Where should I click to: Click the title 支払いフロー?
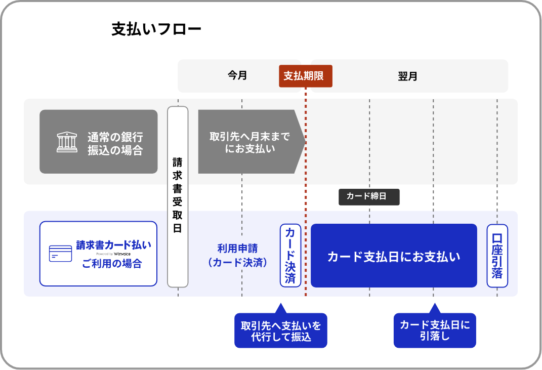point(156,29)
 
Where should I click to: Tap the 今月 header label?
point(237,76)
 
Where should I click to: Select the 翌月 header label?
point(407,76)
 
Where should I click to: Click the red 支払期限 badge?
point(305,76)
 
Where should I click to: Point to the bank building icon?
point(67,142)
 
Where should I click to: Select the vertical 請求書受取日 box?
point(178,196)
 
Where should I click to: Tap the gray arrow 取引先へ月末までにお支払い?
point(250,142)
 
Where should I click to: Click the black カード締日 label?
point(369,196)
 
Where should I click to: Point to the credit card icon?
point(60,254)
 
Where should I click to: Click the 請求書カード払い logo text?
point(113,245)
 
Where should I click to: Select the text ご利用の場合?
point(112,263)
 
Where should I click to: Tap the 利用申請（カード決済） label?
point(237,256)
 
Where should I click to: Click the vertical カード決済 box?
point(290,256)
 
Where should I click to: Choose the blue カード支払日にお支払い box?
point(394,256)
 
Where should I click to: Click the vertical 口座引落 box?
point(497,256)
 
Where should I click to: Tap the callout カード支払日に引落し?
point(435,331)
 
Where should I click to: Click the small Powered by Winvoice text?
point(113,254)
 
